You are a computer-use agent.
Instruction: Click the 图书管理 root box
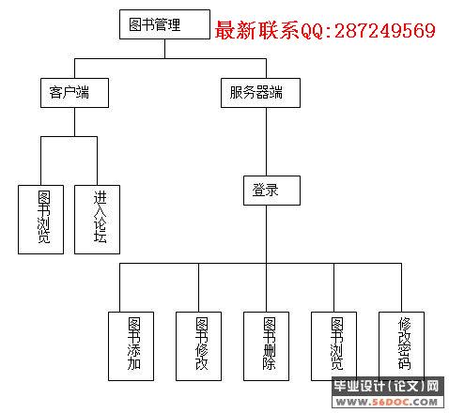[x=164, y=24]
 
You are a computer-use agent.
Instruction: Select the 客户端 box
[x=74, y=93]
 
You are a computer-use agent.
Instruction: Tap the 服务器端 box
[x=260, y=93]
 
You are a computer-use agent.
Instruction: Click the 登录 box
[x=271, y=191]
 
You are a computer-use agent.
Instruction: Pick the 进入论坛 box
[x=97, y=220]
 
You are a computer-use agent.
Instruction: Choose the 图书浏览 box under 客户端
[x=40, y=220]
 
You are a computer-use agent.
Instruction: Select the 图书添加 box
[x=131, y=346]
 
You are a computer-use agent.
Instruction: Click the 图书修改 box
[x=198, y=346]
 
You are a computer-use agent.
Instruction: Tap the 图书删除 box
[x=266, y=346]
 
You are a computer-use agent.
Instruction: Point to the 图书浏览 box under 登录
[x=333, y=346]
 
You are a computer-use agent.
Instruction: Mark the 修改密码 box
[x=401, y=346]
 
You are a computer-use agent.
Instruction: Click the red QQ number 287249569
[x=385, y=31]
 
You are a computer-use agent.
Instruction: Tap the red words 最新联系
[x=257, y=30]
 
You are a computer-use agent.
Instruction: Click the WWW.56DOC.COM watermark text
[x=387, y=402]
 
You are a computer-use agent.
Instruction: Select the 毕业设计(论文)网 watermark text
[x=387, y=386]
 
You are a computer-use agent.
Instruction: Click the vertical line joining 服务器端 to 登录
[x=267, y=142]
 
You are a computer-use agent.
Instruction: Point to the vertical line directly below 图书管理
[x=165, y=49]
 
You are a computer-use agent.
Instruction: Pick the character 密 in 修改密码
[x=404, y=350]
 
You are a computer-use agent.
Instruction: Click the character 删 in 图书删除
[x=269, y=350]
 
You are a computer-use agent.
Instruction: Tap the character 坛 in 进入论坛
[x=100, y=237]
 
